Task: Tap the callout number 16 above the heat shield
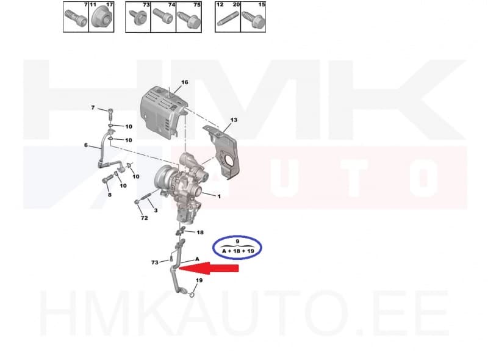click(184, 82)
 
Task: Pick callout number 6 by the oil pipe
click(86, 145)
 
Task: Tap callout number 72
click(144, 217)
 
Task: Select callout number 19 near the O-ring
click(198, 281)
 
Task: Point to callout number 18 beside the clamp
click(200, 232)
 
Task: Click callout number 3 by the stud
click(156, 211)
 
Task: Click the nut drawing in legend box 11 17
click(101, 20)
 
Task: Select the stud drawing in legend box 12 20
click(227, 20)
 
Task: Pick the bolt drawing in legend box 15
click(253, 20)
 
